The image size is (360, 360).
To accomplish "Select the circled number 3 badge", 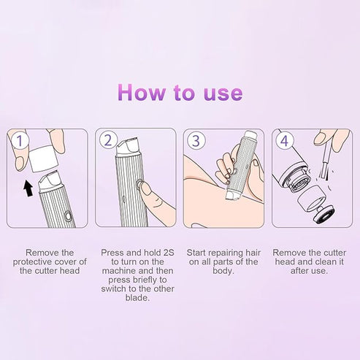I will click(196, 140).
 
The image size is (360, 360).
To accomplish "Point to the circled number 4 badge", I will click(283, 140).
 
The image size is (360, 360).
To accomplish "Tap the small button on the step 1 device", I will click(66, 217).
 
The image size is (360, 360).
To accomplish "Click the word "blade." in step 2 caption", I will click(136, 298).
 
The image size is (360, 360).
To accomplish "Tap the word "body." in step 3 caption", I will click(223, 270).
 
